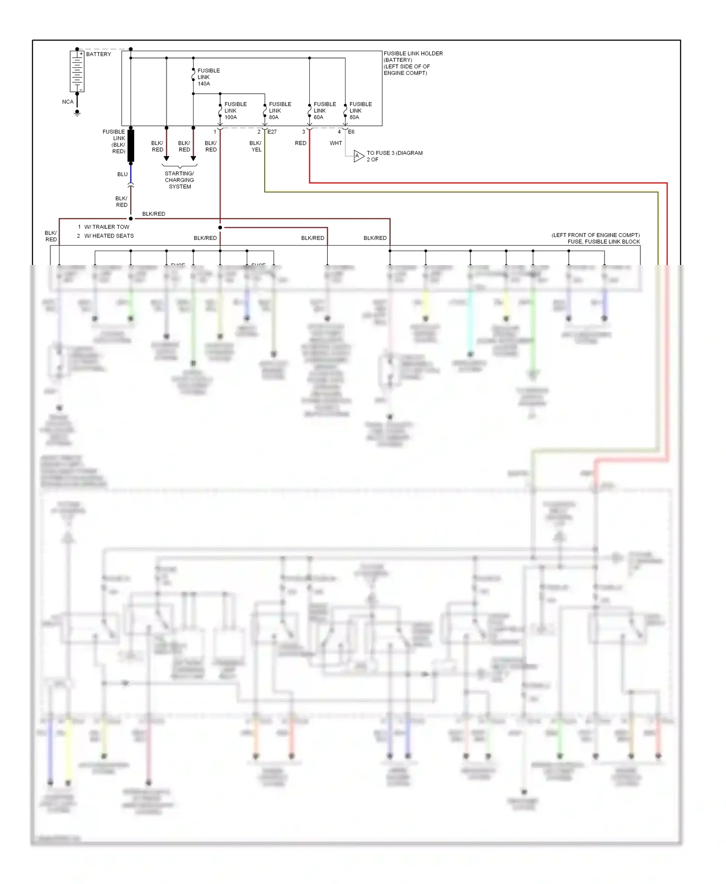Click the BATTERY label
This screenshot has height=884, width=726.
coord(98,54)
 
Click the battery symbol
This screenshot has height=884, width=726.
coord(77,71)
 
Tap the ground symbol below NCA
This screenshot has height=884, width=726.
coord(77,113)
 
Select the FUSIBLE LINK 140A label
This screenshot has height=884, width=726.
coord(208,77)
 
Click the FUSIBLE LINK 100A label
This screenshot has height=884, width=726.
coord(235,111)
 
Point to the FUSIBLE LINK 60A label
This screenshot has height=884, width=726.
coord(324,111)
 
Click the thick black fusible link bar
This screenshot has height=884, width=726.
coord(131,146)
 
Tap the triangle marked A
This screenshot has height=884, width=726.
coord(358,156)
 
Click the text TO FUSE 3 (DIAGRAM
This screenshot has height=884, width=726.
coord(394,153)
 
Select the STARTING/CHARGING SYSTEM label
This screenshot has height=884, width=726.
coord(180,180)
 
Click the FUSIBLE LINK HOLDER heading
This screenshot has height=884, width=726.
coord(413,54)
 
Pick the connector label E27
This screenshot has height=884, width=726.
coord(272,132)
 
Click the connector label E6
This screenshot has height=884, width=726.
coord(351,132)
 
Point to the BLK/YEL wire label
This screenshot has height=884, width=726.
coord(256,146)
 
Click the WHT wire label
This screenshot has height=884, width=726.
coord(335,143)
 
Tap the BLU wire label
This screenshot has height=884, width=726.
coord(122,174)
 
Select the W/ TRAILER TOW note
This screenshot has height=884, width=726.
coord(106,227)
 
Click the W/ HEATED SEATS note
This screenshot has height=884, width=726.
coord(109,236)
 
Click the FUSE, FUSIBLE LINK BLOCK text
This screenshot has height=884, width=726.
coord(604,242)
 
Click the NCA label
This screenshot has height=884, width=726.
coord(68,102)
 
